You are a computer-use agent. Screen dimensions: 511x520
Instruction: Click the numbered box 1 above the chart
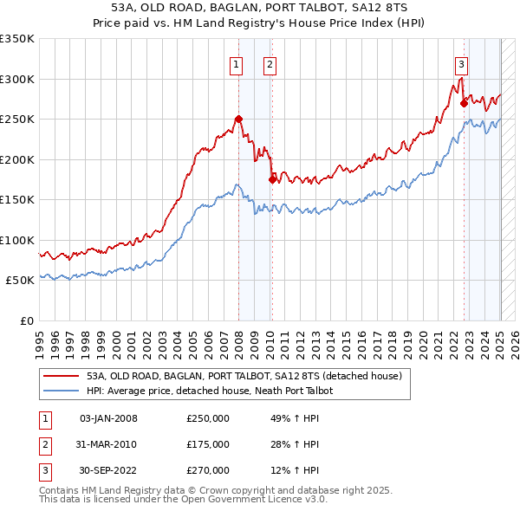(236, 63)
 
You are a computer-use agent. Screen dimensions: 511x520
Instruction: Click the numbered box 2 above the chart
(270, 63)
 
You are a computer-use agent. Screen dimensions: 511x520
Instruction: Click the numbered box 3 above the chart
(461, 63)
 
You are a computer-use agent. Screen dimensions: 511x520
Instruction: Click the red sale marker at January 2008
(238, 119)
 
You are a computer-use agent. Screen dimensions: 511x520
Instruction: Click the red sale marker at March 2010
(273, 179)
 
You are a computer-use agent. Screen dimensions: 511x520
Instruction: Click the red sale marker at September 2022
(464, 103)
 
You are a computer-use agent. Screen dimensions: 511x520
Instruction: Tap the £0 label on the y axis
(26, 320)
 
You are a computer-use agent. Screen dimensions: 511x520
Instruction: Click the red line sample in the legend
(61, 377)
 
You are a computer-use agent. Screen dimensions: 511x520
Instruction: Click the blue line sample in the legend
(61, 391)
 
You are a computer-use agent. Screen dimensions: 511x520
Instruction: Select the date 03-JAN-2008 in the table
(108, 419)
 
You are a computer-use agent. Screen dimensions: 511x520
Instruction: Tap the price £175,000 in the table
(208, 444)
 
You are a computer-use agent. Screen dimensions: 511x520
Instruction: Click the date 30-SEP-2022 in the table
(108, 470)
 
